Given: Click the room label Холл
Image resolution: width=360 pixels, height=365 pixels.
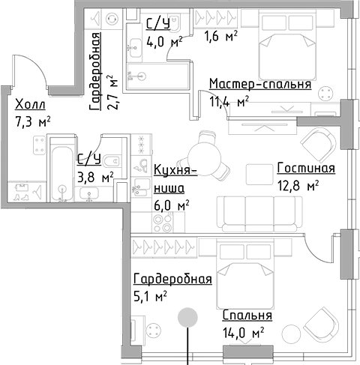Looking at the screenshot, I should click(30, 104).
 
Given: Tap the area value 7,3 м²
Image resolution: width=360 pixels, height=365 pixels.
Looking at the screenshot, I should click(33, 121).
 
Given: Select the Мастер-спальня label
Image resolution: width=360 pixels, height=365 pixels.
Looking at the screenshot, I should click(259, 84).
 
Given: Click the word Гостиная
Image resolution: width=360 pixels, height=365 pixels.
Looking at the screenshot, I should click(305, 168).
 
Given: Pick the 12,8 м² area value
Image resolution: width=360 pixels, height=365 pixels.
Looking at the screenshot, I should click(298, 184).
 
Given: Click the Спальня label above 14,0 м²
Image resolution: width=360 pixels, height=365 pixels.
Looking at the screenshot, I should click(247, 316).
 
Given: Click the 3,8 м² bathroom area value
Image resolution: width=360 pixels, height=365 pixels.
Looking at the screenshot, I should click(96, 178).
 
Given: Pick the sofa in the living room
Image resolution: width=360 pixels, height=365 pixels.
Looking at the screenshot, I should click(247, 209).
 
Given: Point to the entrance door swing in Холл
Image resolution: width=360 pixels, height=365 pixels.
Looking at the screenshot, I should click(34, 75).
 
